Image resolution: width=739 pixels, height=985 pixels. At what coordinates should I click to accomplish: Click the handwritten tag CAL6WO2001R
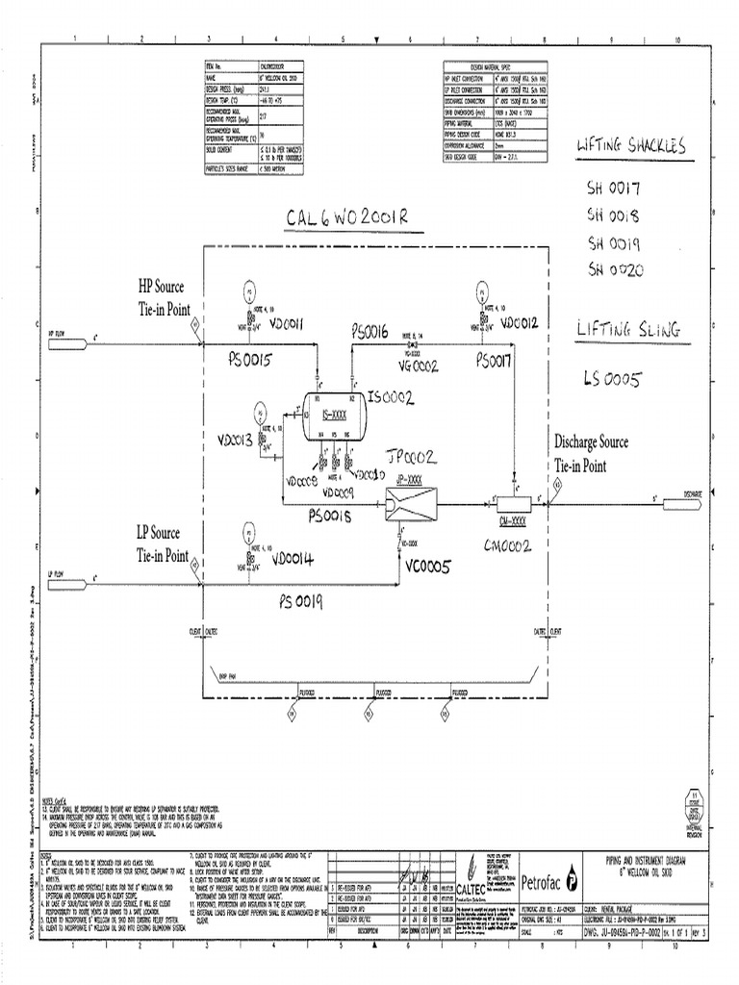[x=346, y=218]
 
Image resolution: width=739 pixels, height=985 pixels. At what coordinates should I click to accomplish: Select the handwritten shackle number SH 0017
[x=614, y=189]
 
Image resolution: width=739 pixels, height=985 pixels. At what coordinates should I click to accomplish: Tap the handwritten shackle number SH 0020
[x=615, y=268]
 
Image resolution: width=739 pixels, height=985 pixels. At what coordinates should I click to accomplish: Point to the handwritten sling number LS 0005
[x=610, y=378]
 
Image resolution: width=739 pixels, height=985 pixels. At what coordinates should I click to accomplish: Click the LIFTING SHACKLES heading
[x=630, y=145]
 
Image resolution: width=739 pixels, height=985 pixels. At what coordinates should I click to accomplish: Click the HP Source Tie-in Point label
[x=163, y=297]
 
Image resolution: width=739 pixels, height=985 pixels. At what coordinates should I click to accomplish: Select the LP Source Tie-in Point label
[x=162, y=544]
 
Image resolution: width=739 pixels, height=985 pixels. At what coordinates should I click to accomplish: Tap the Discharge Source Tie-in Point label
[x=591, y=453]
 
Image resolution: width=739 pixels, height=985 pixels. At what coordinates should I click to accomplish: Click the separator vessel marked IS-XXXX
[x=332, y=416]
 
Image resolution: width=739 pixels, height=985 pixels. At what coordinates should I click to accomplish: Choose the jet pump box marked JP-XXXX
[x=408, y=502]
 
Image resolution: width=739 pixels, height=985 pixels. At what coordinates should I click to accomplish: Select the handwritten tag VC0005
[x=427, y=568]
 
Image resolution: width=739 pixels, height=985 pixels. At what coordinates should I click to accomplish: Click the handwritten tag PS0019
[x=301, y=602]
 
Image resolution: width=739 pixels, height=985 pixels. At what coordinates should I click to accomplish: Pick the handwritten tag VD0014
[x=292, y=558]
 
